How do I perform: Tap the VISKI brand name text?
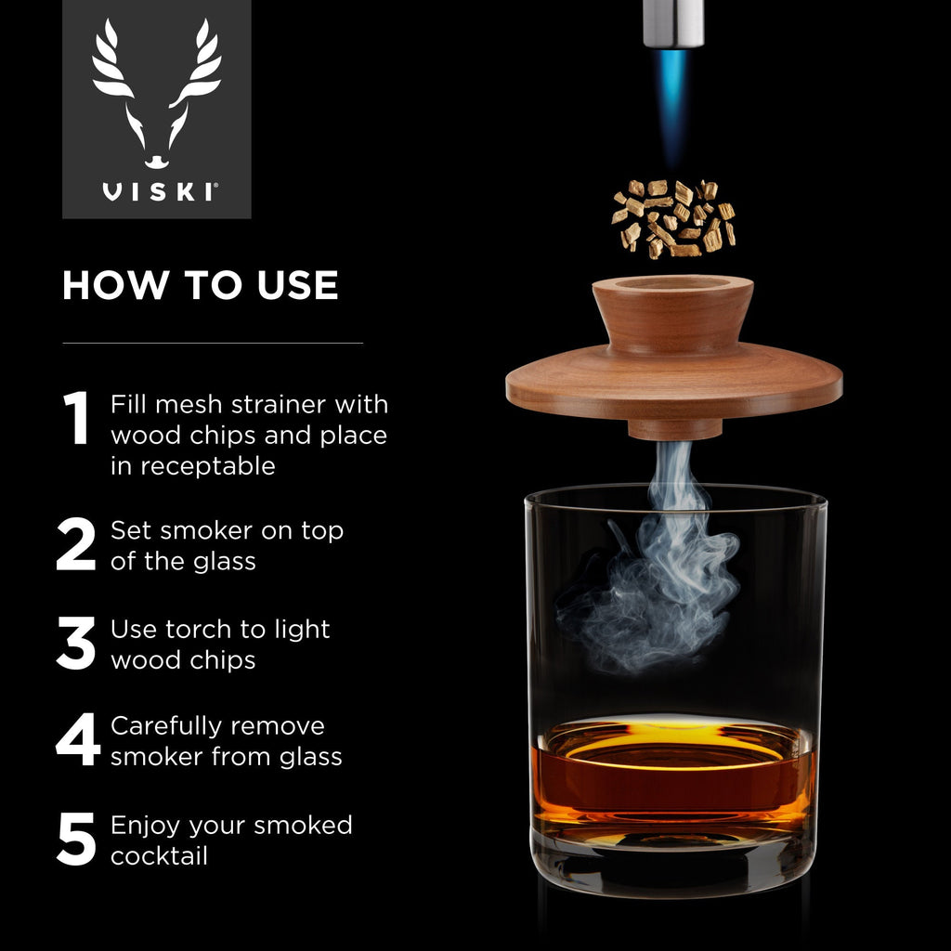tap(157, 192)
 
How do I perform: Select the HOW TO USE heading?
tap(200, 285)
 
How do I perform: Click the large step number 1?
tap(76, 418)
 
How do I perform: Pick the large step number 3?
tap(76, 643)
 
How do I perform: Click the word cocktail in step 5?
tap(159, 855)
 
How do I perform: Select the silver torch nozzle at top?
tap(672, 20)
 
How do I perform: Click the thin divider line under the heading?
tap(212, 343)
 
